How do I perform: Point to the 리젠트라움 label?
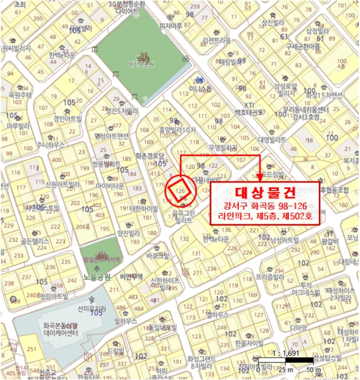pos(216,41)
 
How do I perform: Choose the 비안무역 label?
pos(131,276)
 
